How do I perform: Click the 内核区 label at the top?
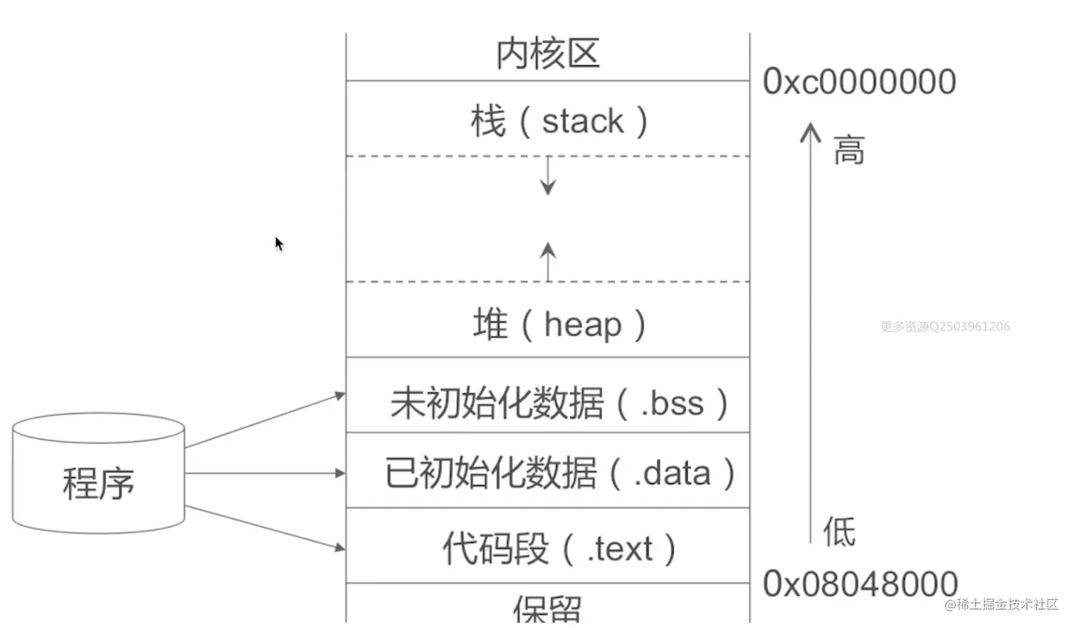tap(548, 54)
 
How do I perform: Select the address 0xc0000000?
tap(860, 82)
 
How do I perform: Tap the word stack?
tap(583, 121)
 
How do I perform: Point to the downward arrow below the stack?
tap(548, 176)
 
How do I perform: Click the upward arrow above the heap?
tap(548, 262)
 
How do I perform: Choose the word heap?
tap(583, 324)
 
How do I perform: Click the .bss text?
tap(672, 403)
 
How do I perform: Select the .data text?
tap(672, 473)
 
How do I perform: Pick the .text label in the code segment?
tap(620, 549)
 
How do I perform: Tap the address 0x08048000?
tap(860, 584)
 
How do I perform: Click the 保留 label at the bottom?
tap(548, 609)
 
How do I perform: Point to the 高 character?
tap(849, 150)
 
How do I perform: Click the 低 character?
tap(840, 531)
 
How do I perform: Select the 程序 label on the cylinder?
tap(98, 484)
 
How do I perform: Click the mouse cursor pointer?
tap(279, 244)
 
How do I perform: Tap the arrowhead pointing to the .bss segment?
tap(340, 396)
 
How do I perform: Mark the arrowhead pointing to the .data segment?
tap(340, 473)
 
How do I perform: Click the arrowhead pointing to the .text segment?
tap(340, 547)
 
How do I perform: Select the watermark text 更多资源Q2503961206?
tap(945, 327)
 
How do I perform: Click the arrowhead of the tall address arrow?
tap(811, 132)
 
